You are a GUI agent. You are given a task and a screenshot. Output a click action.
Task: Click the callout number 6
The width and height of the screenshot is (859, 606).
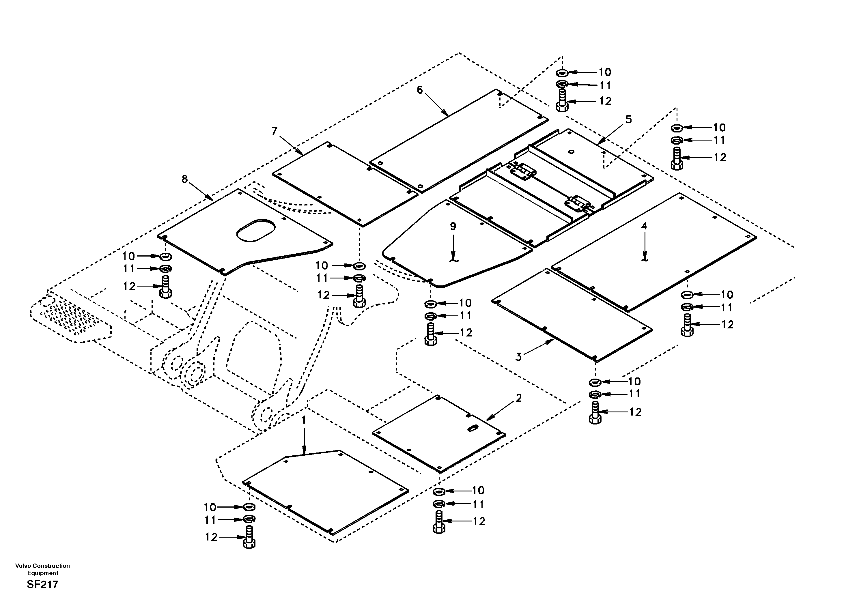pos(420,90)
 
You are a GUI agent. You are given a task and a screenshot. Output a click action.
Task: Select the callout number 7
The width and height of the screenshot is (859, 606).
pos(274,131)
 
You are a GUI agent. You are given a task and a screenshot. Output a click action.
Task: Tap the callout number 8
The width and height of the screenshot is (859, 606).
pos(185,179)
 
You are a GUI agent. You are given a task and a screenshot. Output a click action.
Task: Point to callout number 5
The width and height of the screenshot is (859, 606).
pos(629,119)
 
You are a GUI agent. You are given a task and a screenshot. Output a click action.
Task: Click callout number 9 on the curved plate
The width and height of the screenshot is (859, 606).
pos(453,226)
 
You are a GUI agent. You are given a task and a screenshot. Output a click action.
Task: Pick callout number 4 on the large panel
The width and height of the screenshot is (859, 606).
pos(644,226)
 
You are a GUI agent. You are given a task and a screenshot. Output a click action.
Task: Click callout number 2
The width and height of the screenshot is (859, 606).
pos(518,399)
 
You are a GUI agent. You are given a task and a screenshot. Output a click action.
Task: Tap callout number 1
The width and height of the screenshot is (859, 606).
pos(304,420)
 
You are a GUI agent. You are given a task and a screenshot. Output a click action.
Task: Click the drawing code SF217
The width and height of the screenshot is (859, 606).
pos(43,585)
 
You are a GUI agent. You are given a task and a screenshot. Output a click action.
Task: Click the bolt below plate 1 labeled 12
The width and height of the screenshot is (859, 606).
pos(249,538)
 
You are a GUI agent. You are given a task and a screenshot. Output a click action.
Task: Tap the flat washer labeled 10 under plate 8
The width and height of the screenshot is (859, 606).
pos(165,257)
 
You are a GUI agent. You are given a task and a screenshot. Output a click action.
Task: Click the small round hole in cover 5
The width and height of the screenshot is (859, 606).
pos(571,151)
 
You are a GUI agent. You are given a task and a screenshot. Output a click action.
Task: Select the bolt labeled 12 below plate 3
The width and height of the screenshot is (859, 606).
pos(595,413)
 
